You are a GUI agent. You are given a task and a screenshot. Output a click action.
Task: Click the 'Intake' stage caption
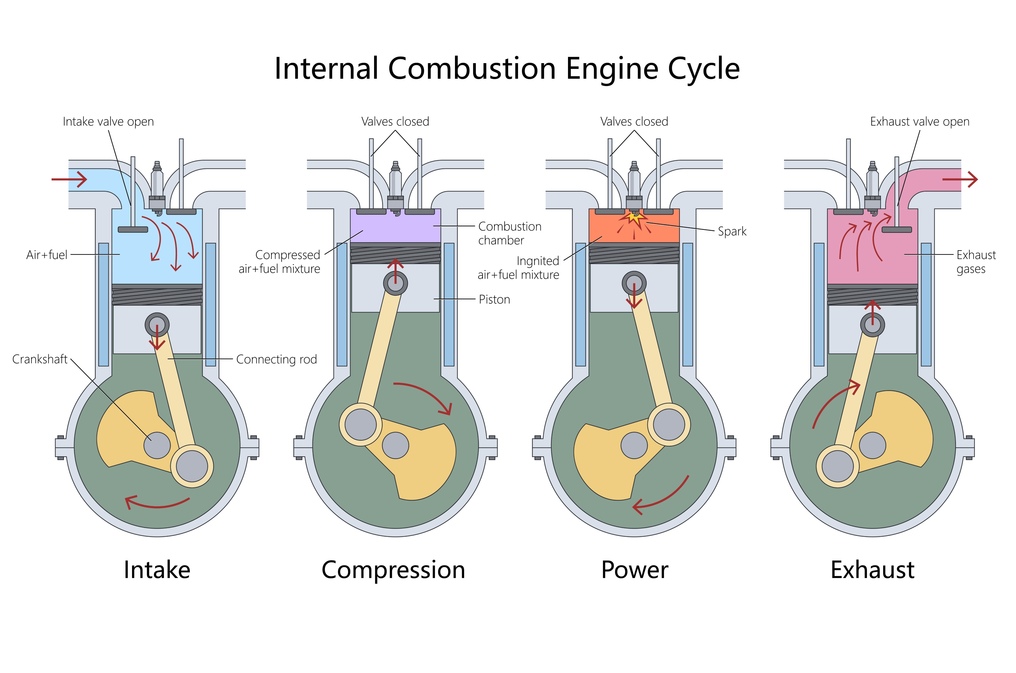click(157, 570)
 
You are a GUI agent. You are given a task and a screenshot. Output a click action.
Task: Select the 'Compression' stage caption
click(393, 570)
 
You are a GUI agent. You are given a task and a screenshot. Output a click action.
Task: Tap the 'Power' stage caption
click(634, 570)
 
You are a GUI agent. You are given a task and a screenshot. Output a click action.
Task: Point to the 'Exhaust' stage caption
click(872, 570)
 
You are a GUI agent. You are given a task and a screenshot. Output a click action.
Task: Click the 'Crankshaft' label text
click(40, 359)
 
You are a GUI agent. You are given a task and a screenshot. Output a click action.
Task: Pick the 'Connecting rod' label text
click(277, 359)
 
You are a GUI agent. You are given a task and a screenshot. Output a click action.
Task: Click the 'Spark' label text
click(732, 231)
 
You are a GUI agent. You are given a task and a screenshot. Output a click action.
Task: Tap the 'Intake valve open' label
click(108, 122)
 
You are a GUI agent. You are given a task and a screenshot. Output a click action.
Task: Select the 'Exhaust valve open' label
click(919, 122)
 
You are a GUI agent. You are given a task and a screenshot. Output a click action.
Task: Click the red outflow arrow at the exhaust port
click(960, 179)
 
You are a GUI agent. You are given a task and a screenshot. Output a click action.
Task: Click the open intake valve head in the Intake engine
click(133, 230)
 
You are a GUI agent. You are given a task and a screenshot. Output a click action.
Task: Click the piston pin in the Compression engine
click(396, 283)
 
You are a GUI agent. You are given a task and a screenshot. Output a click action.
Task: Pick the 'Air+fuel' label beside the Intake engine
click(47, 255)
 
